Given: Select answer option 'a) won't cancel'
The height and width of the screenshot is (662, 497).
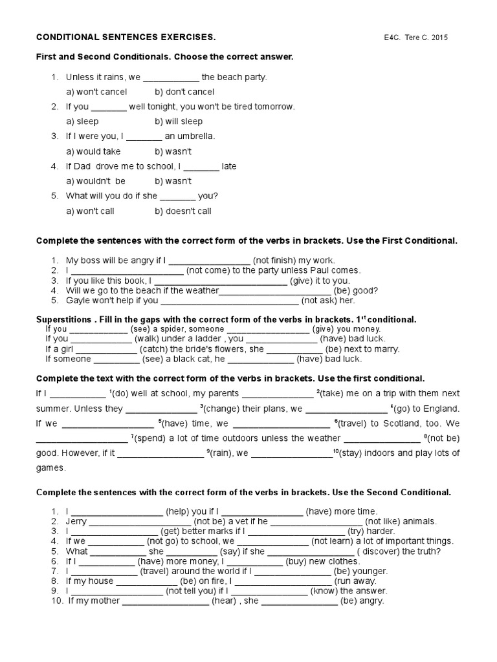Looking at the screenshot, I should [x=97, y=92].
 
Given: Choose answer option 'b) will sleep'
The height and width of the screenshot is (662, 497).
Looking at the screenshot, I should [x=179, y=122].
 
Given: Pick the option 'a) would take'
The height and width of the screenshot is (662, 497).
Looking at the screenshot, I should [x=94, y=151].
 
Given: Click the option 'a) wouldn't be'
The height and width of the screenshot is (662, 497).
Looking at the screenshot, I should [x=96, y=181].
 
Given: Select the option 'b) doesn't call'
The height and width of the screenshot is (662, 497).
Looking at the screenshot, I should [x=183, y=211].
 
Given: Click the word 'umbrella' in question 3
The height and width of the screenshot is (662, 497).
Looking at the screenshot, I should [x=196, y=136].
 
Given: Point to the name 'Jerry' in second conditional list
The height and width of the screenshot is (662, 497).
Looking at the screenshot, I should [x=76, y=521].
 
